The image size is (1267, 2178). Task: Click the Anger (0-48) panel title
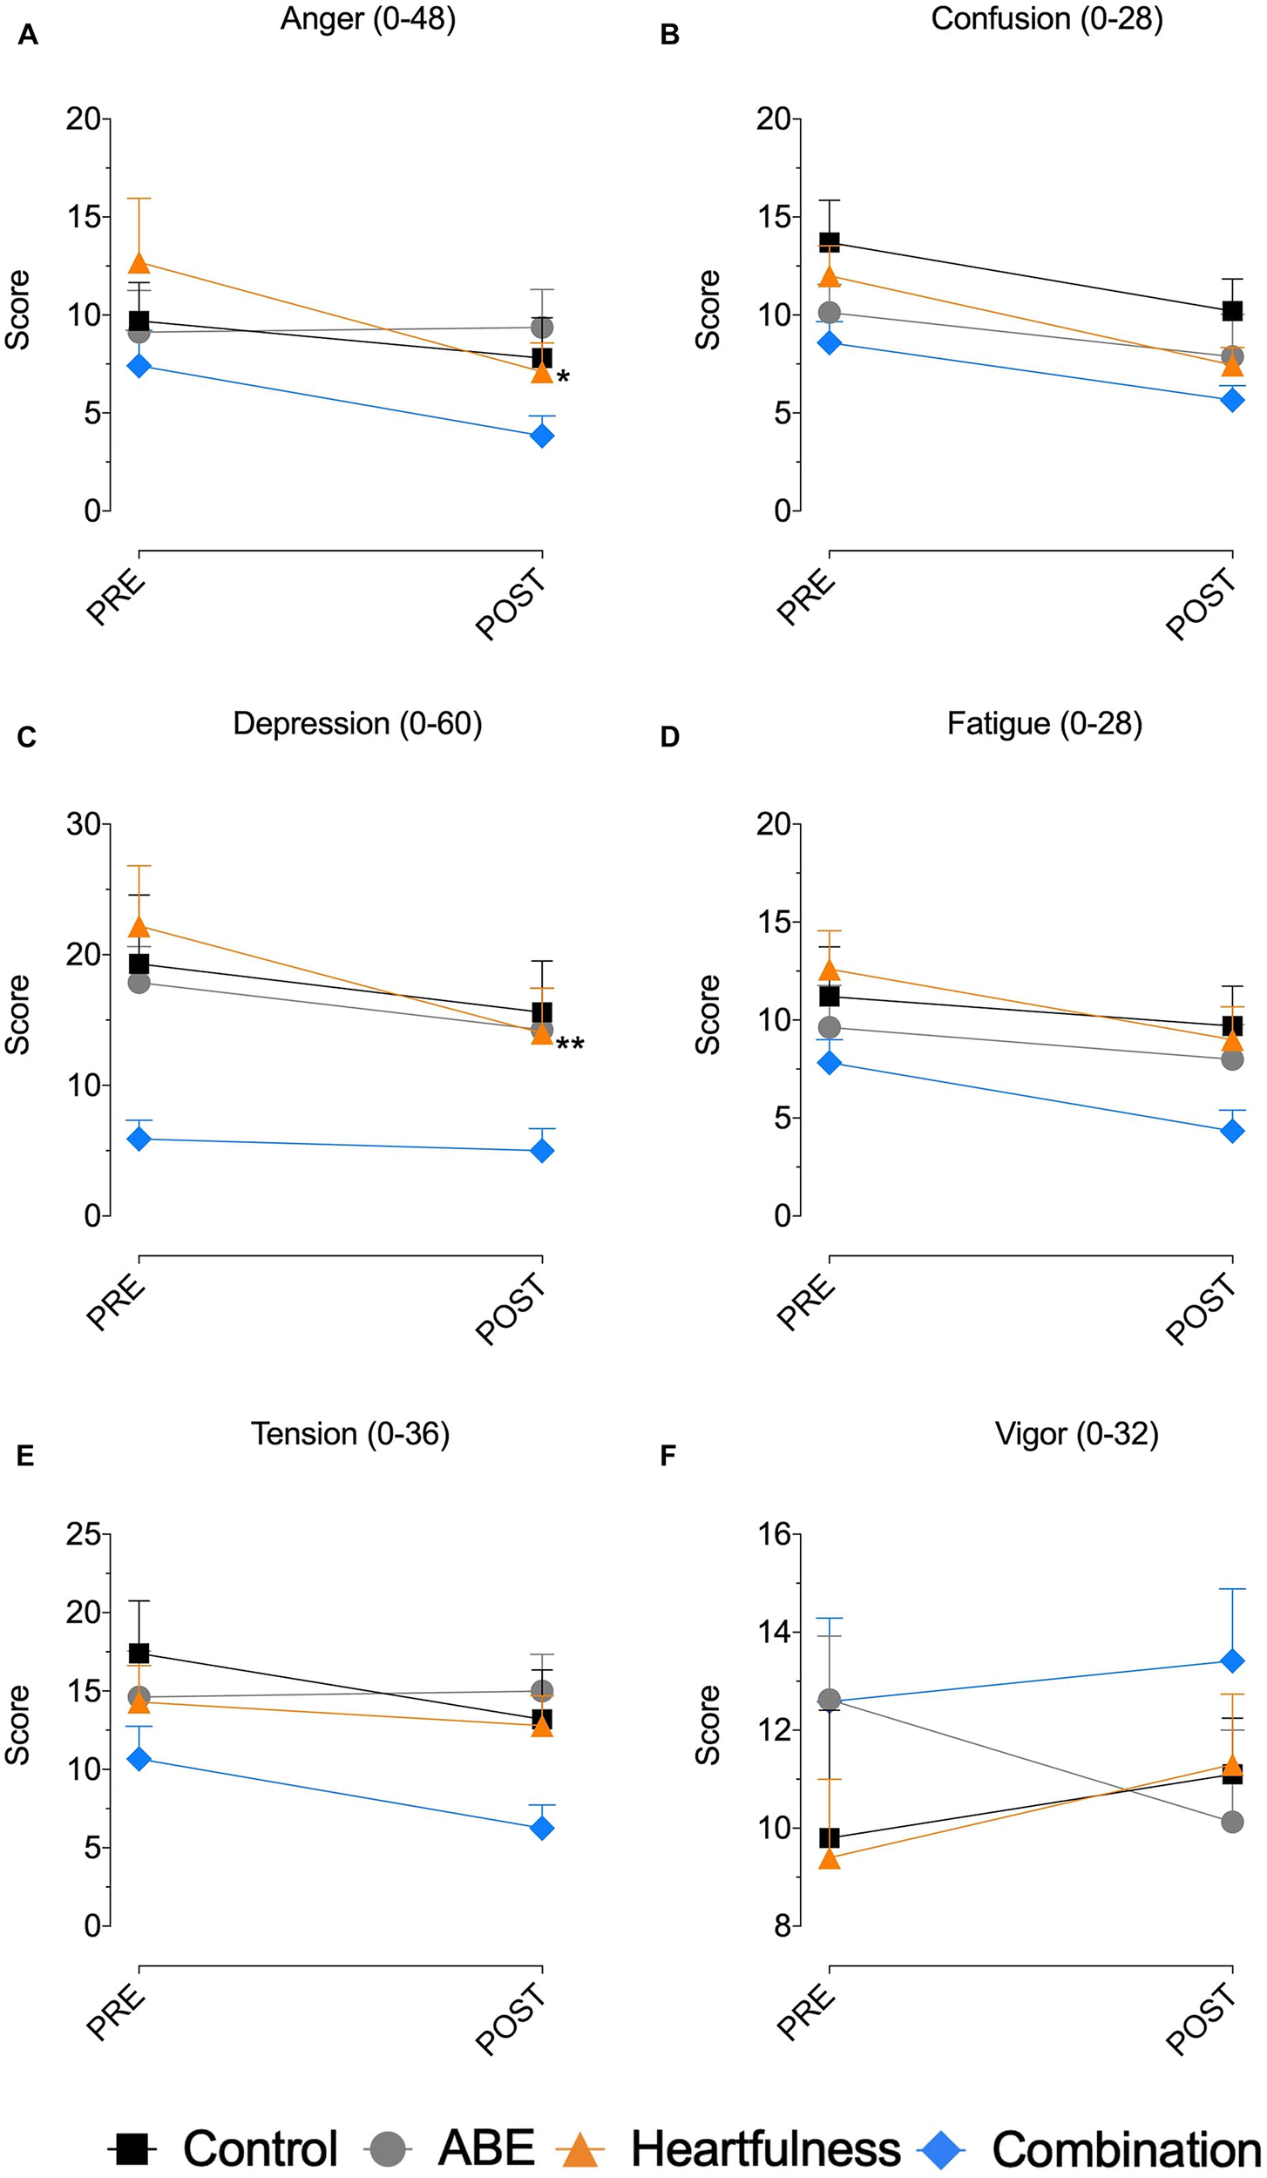pyautogui.click(x=368, y=19)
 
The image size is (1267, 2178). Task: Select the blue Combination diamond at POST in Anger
pyautogui.click(x=542, y=435)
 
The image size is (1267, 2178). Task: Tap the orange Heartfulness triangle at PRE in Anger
pyautogui.click(x=139, y=261)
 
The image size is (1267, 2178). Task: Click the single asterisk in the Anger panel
pyautogui.click(x=563, y=378)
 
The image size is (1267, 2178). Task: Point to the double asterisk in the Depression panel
pyautogui.click(x=570, y=1045)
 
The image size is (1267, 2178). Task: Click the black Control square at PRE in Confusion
pyautogui.click(x=829, y=241)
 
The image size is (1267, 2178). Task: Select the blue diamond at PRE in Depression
pyautogui.click(x=139, y=1139)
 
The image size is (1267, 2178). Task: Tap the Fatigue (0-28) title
pyautogui.click(x=1044, y=724)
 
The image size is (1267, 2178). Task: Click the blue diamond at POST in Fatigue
pyautogui.click(x=1232, y=1131)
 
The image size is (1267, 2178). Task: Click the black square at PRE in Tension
pyautogui.click(x=139, y=1653)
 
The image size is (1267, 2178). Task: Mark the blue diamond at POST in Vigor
pyautogui.click(x=1232, y=1661)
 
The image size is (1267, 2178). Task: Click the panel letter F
pyautogui.click(x=668, y=1455)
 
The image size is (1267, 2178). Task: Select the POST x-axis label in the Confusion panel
pyautogui.click(x=1203, y=603)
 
